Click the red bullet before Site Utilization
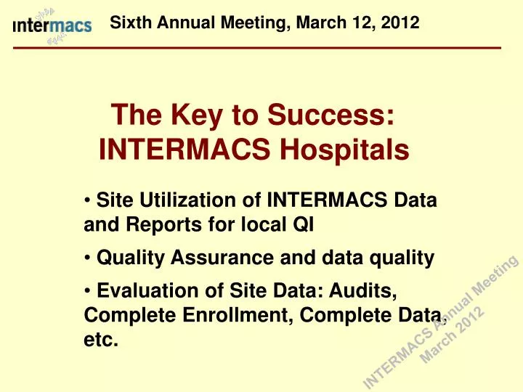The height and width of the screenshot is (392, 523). pyautogui.click(x=86, y=200)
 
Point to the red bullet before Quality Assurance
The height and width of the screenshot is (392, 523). pyautogui.click(x=86, y=257)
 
